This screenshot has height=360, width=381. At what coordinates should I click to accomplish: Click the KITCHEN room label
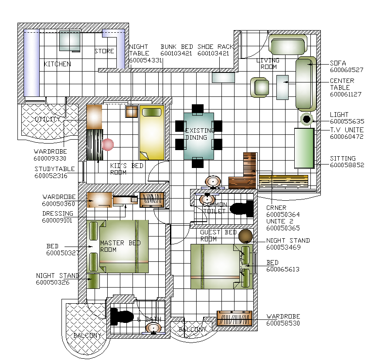57,64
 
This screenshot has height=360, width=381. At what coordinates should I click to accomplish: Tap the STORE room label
104,51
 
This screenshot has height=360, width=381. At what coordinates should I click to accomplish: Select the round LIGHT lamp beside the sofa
306,119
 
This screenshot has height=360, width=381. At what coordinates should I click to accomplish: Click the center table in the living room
282,87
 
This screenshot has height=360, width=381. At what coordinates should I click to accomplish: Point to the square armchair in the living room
260,87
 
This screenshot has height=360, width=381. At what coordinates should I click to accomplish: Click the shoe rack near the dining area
223,78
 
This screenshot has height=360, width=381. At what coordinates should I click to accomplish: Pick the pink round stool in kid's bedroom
108,144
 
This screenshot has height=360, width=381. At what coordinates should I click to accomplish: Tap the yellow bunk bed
152,132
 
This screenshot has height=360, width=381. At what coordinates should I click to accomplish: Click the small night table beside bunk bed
131,112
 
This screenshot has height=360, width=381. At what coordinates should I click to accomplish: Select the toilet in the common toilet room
242,209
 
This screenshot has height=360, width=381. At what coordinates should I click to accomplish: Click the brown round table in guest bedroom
245,236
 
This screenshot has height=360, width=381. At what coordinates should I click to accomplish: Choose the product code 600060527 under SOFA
347,70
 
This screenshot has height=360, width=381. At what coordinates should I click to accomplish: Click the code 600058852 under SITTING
347,165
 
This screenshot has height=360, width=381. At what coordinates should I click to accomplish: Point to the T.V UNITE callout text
347,130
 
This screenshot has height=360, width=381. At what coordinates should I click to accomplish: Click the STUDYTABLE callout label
54,169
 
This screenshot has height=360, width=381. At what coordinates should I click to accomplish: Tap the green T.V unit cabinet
304,148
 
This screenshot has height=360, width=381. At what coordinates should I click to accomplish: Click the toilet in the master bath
122,316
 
